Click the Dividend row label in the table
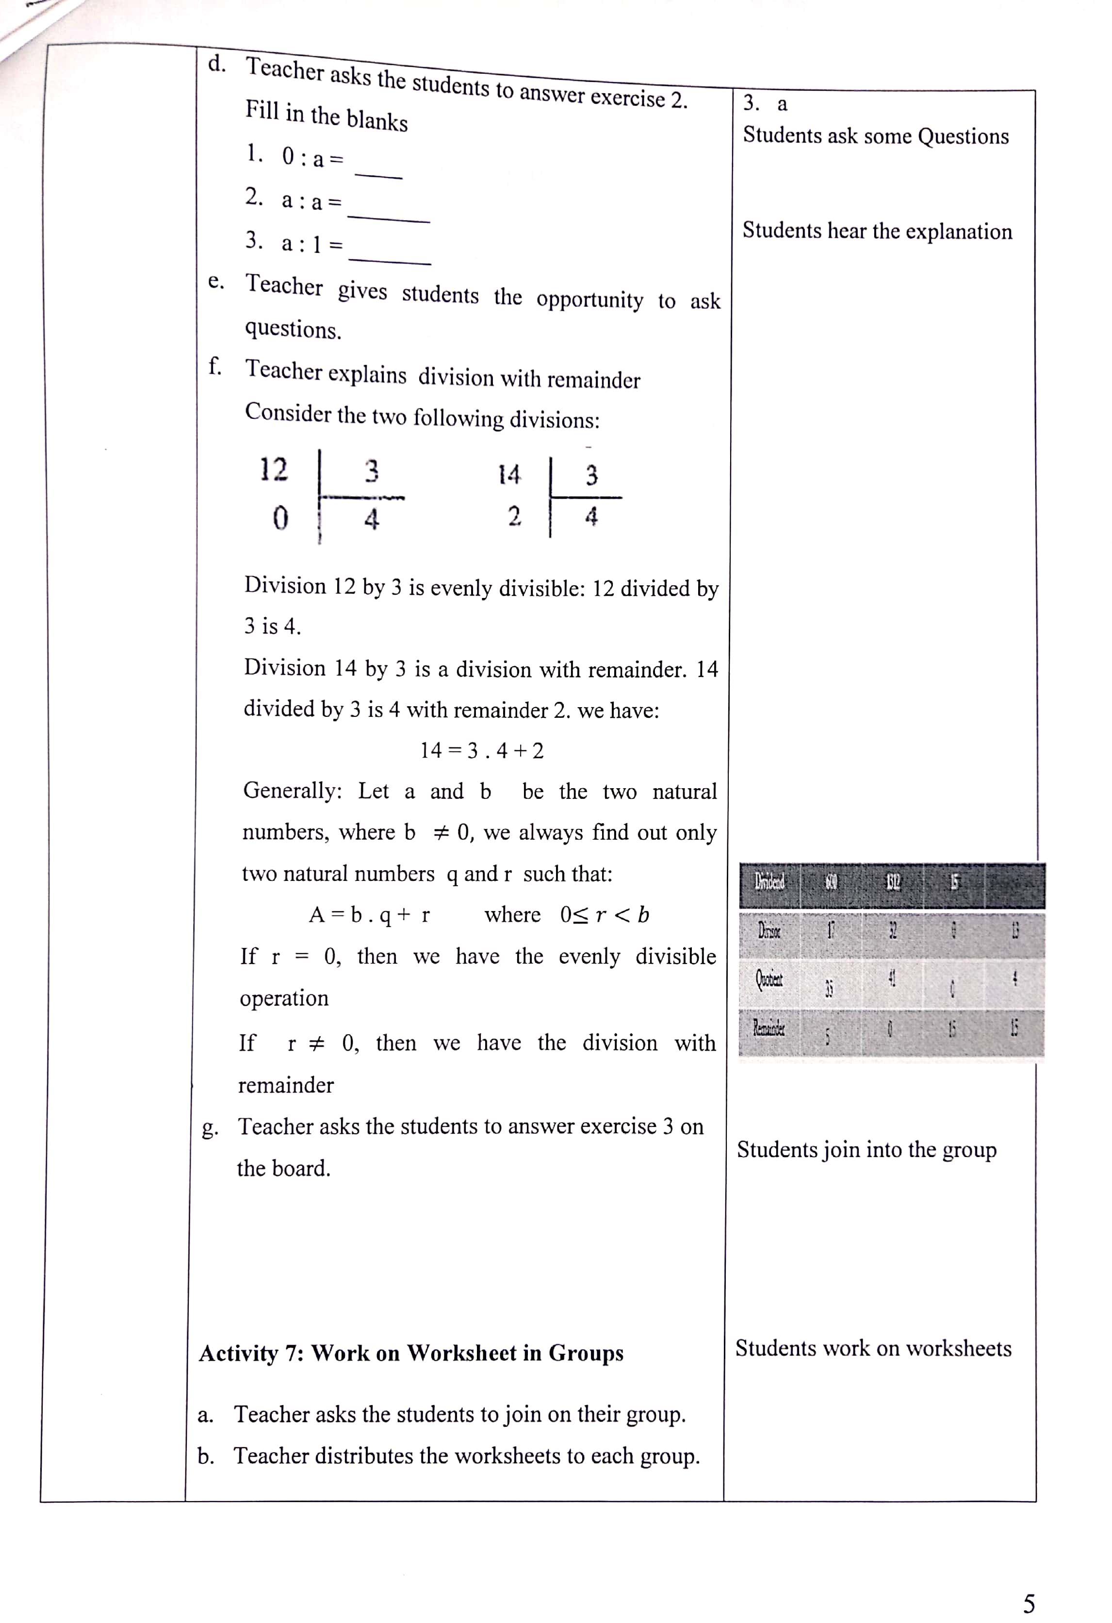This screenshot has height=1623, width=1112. [769, 881]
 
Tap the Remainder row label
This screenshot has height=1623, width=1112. [769, 1028]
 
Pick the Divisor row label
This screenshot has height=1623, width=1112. [769, 930]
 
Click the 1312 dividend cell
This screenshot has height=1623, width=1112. [893, 882]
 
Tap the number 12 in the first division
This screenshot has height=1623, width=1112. [273, 469]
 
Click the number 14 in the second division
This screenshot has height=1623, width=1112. [509, 475]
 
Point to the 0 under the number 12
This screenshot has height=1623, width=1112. [279, 518]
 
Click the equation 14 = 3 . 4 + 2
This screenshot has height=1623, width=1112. [482, 751]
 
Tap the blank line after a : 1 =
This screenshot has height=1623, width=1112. [390, 260]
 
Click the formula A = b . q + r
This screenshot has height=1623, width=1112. [369, 915]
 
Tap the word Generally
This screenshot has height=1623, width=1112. [292, 791]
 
